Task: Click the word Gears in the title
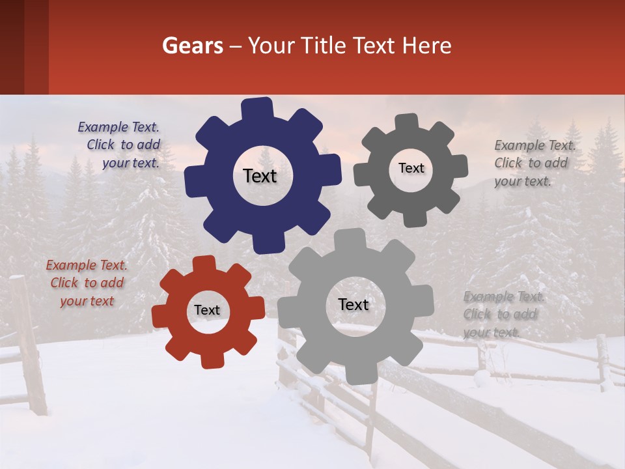(191, 46)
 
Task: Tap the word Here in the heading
(427, 46)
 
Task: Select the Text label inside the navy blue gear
(260, 176)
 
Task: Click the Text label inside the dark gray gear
(411, 168)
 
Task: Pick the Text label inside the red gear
(207, 310)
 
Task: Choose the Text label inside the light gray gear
(354, 304)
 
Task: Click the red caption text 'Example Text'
(87, 266)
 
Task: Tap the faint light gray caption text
(503, 314)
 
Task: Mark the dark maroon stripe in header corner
(24, 47)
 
